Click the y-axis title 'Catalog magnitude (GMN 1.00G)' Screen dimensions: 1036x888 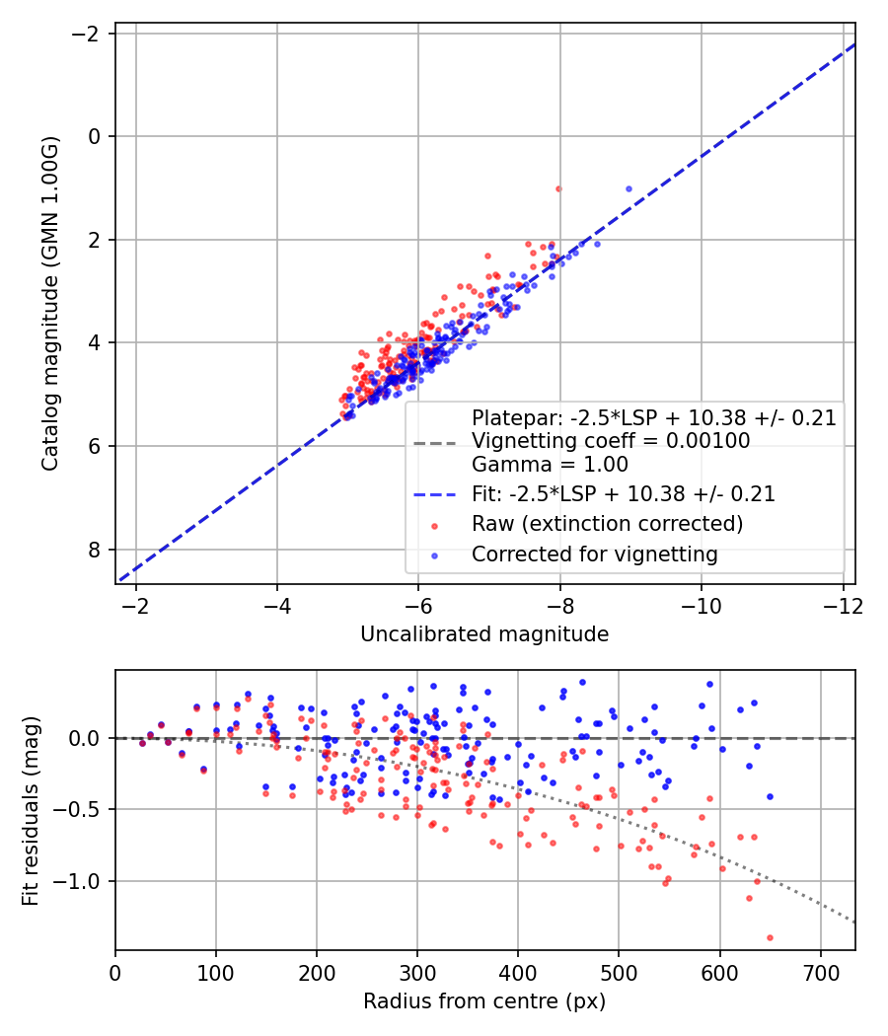click(50, 304)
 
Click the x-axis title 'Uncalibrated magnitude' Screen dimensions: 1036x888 click(484, 634)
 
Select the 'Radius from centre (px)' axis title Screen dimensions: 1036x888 click(484, 1001)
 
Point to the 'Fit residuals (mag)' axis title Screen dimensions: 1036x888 click(31, 810)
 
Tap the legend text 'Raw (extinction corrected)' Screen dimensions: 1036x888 click(607, 523)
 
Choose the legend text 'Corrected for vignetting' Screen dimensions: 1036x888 click(594, 555)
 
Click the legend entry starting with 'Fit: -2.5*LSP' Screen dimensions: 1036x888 click(623, 493)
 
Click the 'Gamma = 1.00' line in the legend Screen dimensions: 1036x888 click(550, 464)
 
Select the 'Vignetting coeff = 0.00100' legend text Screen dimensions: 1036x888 click(610, 440)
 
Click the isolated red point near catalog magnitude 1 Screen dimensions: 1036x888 click(558, 188)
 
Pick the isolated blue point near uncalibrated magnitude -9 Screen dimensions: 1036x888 click(629, 188)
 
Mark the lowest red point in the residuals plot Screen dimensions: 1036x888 click(770, 937)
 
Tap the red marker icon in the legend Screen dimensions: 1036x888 click(435, 524)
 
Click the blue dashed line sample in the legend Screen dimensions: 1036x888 click(435, 493)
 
